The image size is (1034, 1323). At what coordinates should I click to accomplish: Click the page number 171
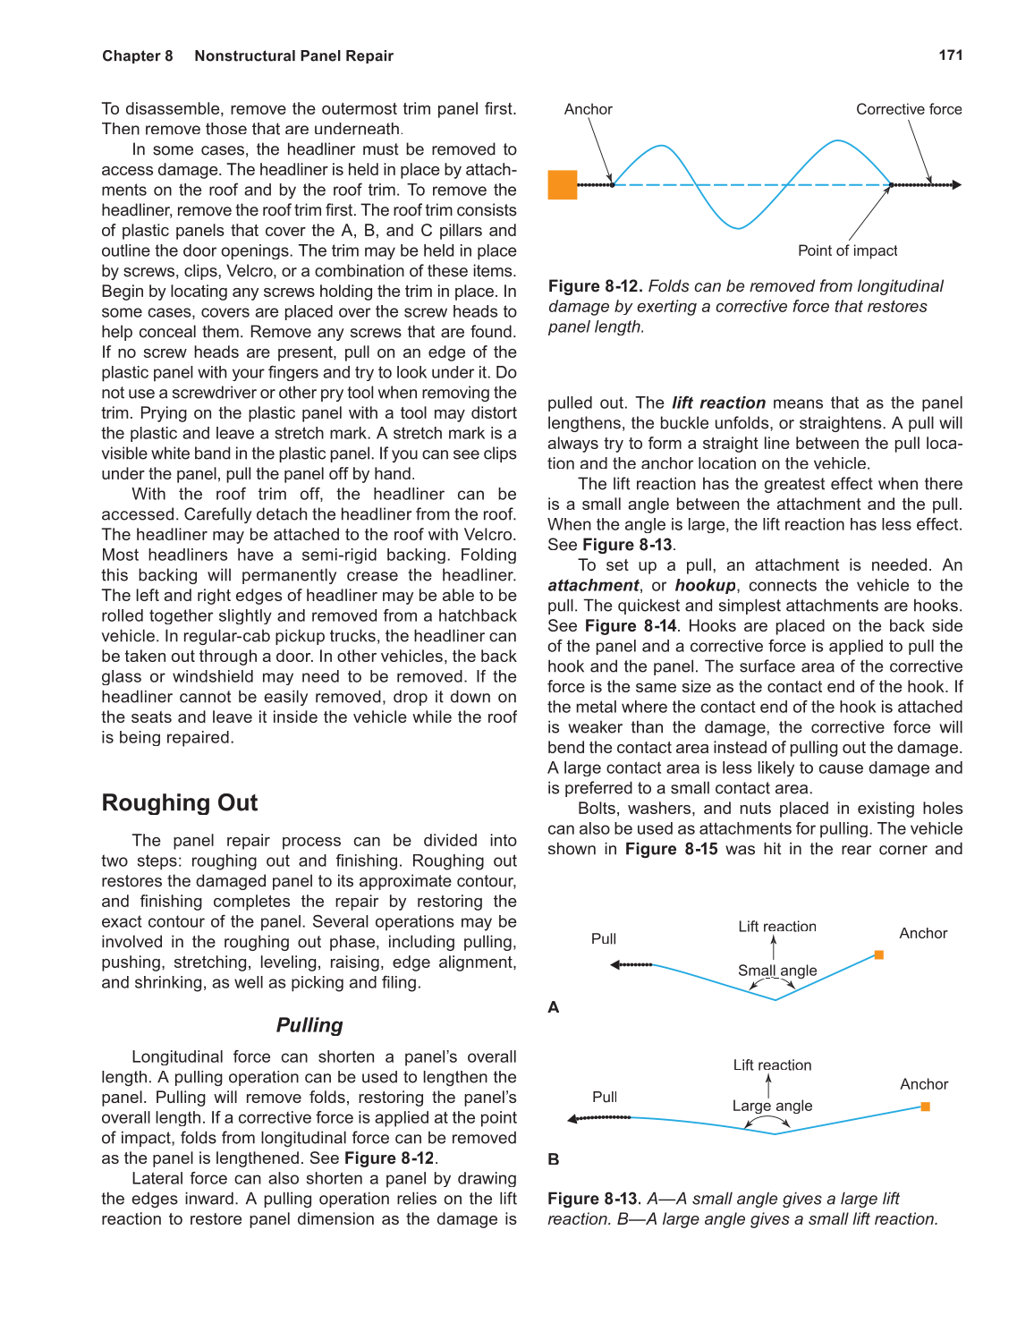tap(950, 55)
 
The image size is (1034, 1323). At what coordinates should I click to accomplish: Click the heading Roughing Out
tap(180, 802)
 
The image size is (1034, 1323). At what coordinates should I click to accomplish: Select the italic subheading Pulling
tap(309, 1025)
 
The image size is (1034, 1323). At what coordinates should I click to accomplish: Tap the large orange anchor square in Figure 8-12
tap(563, 185)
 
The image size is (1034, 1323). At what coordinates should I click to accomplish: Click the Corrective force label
tap(909, 109)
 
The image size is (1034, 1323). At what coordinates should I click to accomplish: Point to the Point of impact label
tap(847, 250)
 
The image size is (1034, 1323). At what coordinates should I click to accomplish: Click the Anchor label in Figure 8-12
tap(589, 109)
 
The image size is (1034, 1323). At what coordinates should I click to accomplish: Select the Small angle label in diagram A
tap(777, 971)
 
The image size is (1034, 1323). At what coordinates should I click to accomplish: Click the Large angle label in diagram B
tap(772, 1106)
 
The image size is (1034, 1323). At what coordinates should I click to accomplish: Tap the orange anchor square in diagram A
tap(879, 955)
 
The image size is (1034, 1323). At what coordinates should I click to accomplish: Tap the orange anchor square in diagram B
tap(926, 1107)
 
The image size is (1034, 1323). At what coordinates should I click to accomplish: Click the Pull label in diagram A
tap(604, 938)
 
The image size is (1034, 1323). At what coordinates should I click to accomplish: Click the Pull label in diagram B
tap(605, 1097)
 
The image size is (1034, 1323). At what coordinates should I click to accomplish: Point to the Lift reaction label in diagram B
tap(772, 1064)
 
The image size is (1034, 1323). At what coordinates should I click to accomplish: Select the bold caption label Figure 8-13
tap(594, 1199)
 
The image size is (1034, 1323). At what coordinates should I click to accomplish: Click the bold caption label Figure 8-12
tap(595, 286)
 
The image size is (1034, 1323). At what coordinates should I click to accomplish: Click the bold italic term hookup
tap(705, 585)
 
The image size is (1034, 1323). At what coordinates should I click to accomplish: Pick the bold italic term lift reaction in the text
tap(718, 403)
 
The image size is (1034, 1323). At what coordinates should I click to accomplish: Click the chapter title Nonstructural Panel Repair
tap(293, 55)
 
